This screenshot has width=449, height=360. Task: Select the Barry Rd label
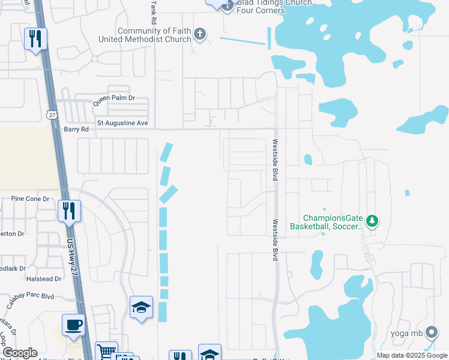(x=76, y=129)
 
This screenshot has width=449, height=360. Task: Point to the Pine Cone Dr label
(x=29, y=199)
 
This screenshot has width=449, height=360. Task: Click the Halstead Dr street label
(x=44, y=278)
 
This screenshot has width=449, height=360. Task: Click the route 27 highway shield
(x=50, y=113)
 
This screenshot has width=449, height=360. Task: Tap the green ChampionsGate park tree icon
(x=372, y=222)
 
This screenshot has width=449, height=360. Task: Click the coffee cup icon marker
(x=73, y=325)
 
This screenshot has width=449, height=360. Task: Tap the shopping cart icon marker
(x=106, y=352)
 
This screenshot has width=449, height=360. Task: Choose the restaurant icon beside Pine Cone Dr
(x=69, y=211)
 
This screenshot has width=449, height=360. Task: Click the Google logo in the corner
(x=19, y=353)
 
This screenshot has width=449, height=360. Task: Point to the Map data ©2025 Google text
(x=412, y=355)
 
